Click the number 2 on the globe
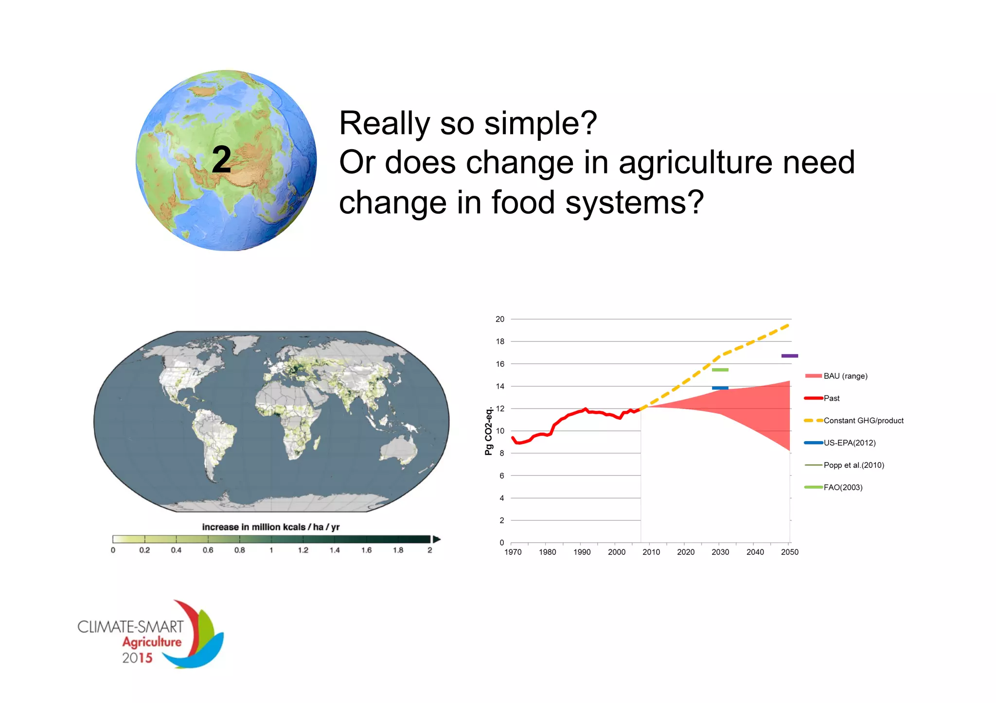coord(221,160)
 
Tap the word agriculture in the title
coord(695,163)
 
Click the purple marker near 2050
coord(789,356)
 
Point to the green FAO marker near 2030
coord(720,370)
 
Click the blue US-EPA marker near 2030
coord(720,388)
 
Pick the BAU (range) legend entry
coord(845,376)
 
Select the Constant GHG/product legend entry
coord(863,421)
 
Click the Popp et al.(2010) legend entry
coord(854,465)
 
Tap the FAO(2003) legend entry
coord(843,488)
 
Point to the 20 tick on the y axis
coord(500,319)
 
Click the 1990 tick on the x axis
coord(582,552)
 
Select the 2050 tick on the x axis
coord(789,552)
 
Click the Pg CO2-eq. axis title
coord(489,431)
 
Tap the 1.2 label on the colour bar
coord(303,550)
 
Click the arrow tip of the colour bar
coord(437,539)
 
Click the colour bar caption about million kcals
coord(270,527)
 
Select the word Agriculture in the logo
coord(152,642)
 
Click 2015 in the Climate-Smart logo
coord(137,658)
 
